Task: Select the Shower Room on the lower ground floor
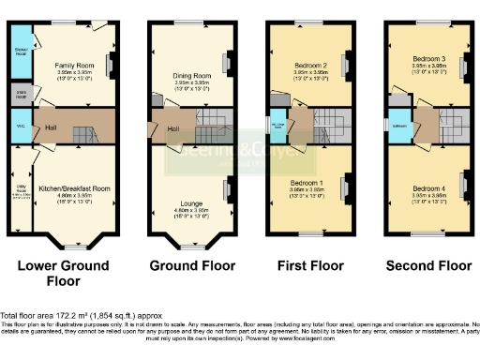pyautogui.click(x=20, y=51)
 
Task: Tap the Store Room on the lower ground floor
pyautogui.click(x=20, y=93)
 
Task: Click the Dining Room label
pyautogui.click(x=192, y=74)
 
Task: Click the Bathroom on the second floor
pyautogui.click(x=398, y=125)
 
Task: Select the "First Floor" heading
pyautogui.click(x=307, y=266)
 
